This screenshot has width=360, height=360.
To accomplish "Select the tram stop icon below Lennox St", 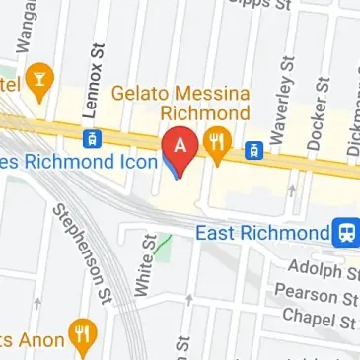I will (x=92, y=137).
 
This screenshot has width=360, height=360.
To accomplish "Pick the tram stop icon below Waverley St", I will (x=252, y=150).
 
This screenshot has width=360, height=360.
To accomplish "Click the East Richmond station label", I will (x=260, y=234).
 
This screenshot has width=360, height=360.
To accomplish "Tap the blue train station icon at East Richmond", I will (x=345, y=232).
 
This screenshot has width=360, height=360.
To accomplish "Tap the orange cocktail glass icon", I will (x=39, y=83).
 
